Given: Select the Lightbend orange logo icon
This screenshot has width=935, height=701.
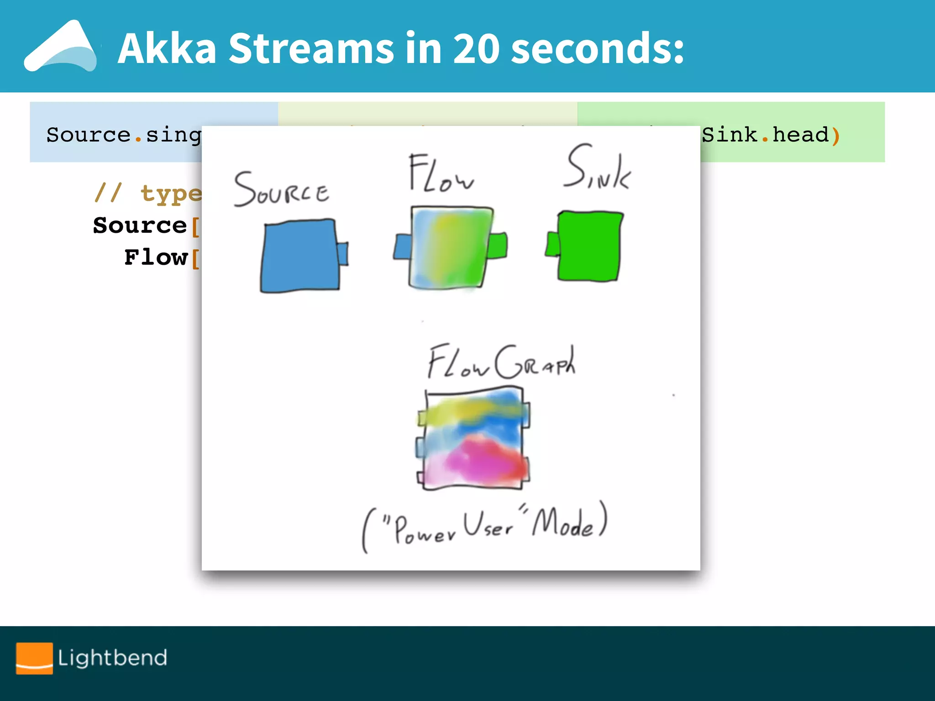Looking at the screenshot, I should coord(34,658).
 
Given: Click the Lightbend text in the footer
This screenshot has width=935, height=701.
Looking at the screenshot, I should coord(112,658).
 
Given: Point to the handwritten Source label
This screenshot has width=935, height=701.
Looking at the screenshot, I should coord(281,189).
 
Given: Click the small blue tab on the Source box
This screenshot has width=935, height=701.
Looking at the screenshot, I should coord(342,254).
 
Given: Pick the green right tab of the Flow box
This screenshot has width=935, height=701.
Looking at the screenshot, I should coord(497,246).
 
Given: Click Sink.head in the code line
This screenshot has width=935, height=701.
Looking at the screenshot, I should coord(765,135).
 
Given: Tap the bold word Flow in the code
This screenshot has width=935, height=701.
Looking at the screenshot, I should coord(156,257).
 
